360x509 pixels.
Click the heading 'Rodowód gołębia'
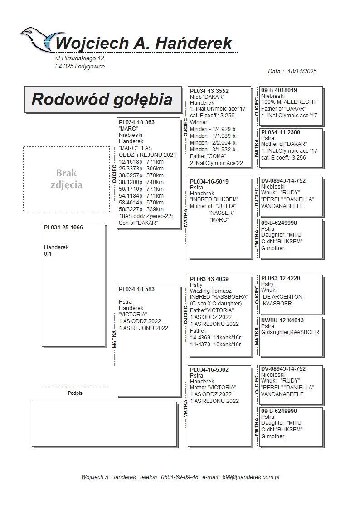(x=102, y=99)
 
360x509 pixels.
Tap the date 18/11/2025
(x=302, y=72)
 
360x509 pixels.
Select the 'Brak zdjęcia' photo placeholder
(x=66, y=179)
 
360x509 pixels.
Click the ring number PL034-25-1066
(x=63, y=228)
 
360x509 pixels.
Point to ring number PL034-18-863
(x=136, y=122)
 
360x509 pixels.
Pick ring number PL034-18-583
(x=136, y=289)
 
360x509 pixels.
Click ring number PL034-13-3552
(x=209, y=91)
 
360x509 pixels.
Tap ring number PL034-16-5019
(x=209, y=181)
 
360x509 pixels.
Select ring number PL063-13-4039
(x=209, y=279)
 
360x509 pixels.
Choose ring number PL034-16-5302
(x=209, y=370)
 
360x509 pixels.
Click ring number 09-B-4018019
(x=279, y=90)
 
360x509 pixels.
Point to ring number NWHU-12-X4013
(x=282, y=320)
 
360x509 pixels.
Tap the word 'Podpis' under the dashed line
(x=75, y=393)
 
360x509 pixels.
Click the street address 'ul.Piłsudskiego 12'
(x=80, y=58)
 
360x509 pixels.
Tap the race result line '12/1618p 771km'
(x=141, y=161)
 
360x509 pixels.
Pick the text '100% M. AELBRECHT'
(x=289, y=102)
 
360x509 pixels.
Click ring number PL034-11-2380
(x=280, y=132)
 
